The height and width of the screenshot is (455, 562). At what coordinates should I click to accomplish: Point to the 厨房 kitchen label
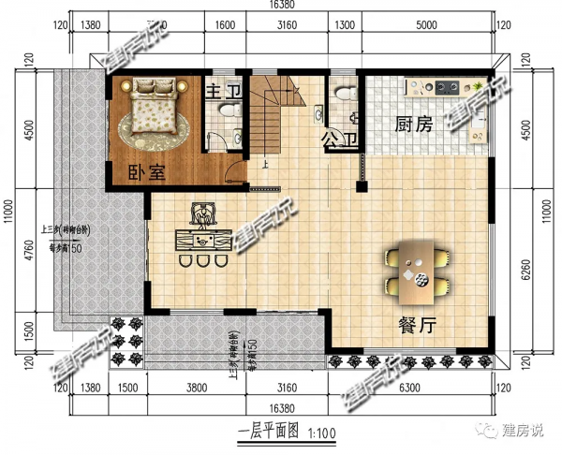pyautogui.click(x=412, y=124)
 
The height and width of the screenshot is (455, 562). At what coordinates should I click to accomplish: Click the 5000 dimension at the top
pyautogui.click(x=425, y=25)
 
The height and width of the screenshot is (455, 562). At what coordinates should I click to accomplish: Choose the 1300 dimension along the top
pyautogui.click(x=344, y=25)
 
